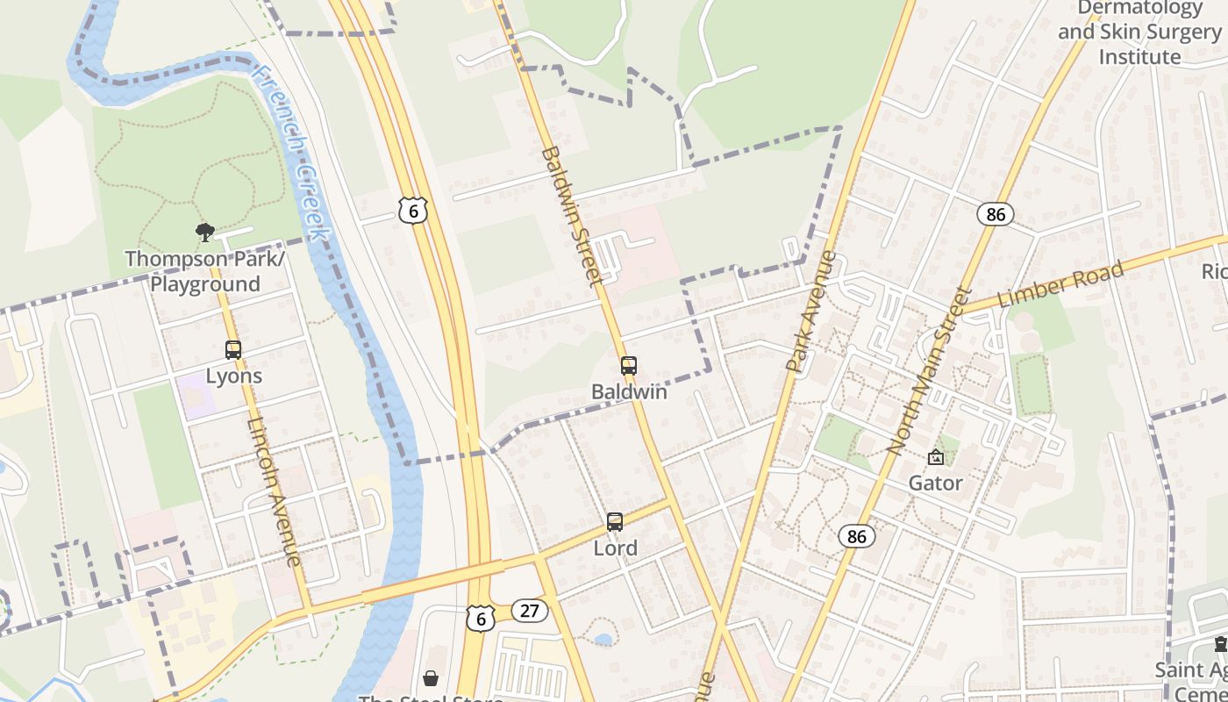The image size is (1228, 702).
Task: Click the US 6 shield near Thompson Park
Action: coord(412,209)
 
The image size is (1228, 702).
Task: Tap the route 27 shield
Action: coord(529,610)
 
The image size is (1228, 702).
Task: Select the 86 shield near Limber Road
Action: coord(995,213)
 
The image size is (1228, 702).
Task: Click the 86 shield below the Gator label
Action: coord(856,535)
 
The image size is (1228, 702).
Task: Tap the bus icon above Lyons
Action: coord(233,349)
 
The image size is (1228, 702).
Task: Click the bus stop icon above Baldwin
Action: coord(629,366)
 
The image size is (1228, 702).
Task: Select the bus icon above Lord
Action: coord(615,522)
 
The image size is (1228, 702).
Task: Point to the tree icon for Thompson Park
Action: coord(205,233)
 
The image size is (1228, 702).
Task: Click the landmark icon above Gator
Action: coord(936,457)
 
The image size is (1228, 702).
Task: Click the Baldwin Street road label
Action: coord(571,216)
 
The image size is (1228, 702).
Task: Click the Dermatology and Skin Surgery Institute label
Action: coord(1139,33)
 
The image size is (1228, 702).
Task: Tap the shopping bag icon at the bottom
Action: coord(431,678)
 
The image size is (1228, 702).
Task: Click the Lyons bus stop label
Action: coord(234,376)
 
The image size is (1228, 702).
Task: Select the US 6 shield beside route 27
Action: coord(479,618)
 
